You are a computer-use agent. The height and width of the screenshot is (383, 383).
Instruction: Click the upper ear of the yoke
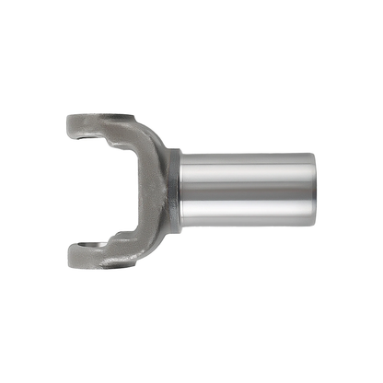[97, 124]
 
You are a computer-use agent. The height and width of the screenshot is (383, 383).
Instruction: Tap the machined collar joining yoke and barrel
[173, 191]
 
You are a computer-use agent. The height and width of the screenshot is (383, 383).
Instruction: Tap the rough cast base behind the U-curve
[153, 191]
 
